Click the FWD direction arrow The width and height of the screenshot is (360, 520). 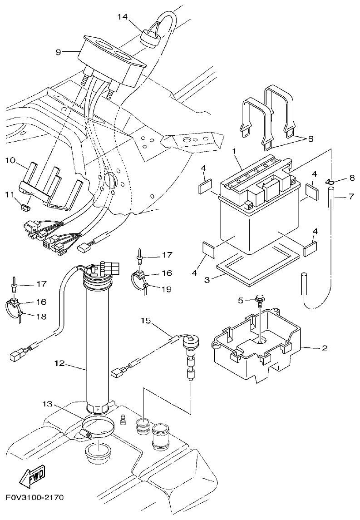tap(32, 477)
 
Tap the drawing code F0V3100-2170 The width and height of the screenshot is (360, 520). tap(35, 497)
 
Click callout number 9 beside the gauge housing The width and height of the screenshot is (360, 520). tap(58, 52)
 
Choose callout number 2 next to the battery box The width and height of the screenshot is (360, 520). tap(325, 348)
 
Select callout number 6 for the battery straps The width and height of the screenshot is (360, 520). tap(311, 139)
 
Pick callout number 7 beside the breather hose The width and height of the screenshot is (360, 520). tap(350, 197)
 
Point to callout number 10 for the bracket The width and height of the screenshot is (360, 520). tap(11, 160)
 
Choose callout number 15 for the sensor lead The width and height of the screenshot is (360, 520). tap(145, 321)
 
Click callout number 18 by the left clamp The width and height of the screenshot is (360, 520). tap(41, 317)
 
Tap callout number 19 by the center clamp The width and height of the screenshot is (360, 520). tap(166, 289)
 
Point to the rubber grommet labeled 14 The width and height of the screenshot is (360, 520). tap(149, 37)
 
